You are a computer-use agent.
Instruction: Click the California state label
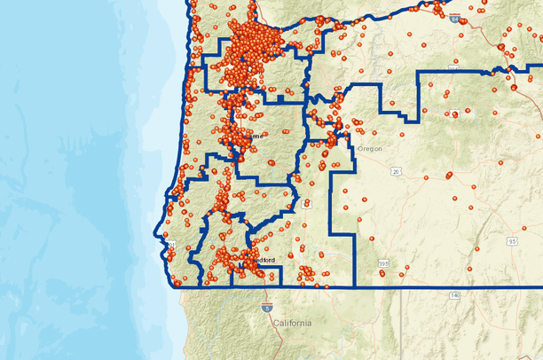[292, 324]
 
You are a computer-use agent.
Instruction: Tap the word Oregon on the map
[369, 149]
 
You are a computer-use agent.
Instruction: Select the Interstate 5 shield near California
[267, 305]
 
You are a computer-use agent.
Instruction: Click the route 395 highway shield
[382, 263]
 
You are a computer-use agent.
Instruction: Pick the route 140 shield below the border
[454, 294]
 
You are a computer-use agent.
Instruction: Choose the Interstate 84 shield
[454, 18]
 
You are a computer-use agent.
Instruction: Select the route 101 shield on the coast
[171, 245]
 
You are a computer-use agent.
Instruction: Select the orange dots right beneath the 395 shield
[382, 274]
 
